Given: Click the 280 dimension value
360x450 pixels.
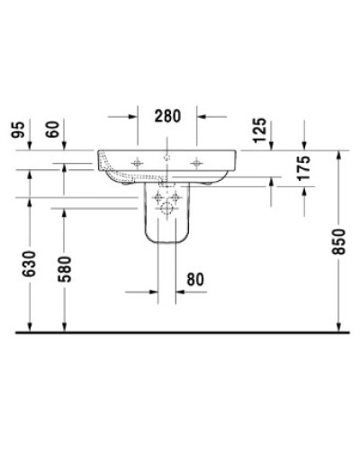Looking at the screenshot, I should tap(167, 115).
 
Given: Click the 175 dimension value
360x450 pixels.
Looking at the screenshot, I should tap(303, 168).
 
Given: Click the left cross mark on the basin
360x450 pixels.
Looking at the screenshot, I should tap(138, 162).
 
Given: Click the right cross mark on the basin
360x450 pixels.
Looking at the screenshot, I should tap(198, 162).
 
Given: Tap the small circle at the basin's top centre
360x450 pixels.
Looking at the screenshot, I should tap(167, 157).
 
